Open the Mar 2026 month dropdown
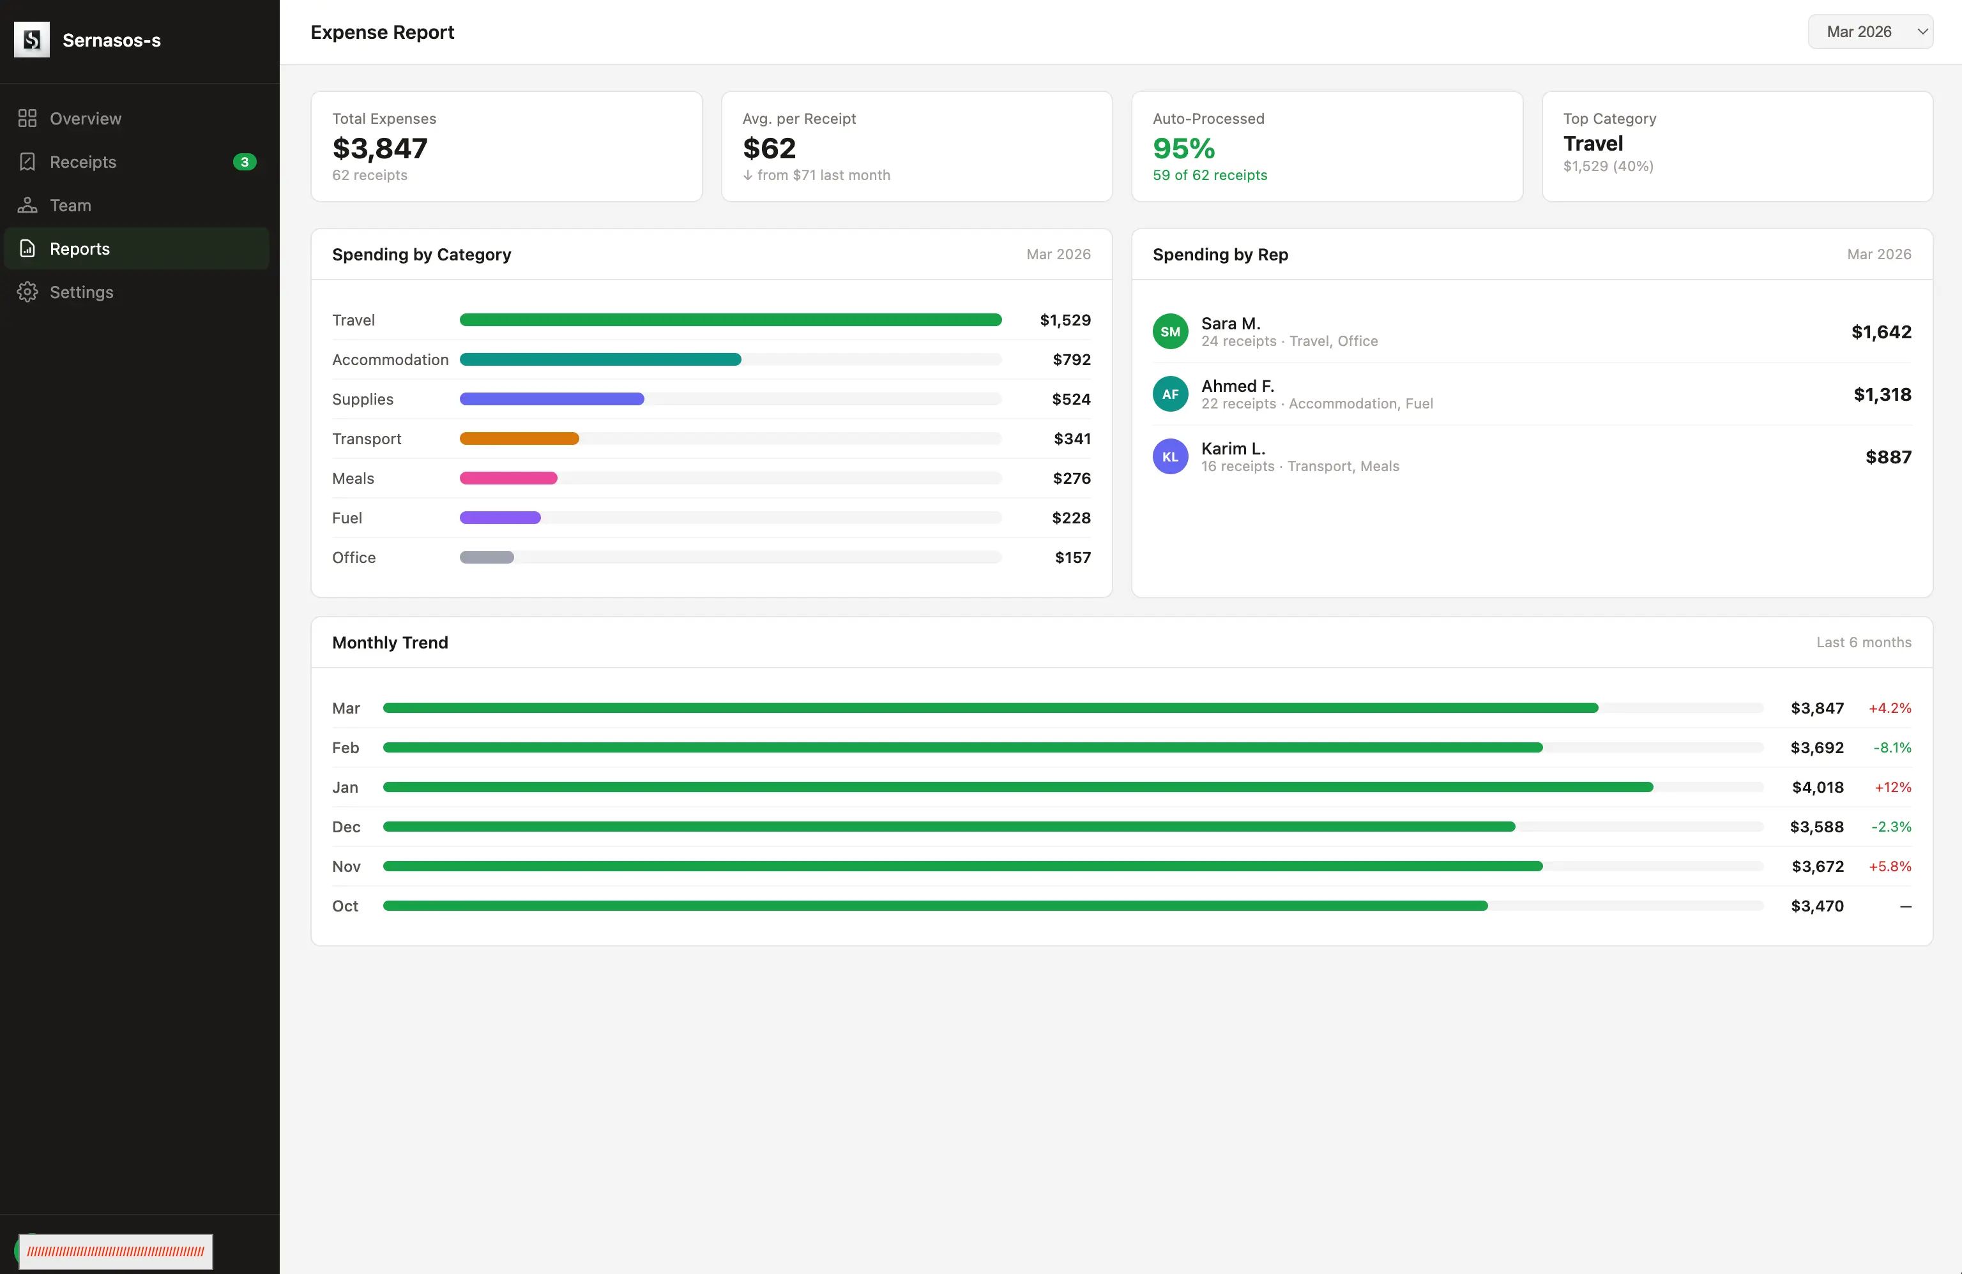tap(1869, 32)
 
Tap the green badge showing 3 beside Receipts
tap(245, 162)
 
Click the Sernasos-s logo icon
tap(32, 40)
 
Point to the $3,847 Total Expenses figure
tap(380, 148)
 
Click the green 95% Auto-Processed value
tap(1184, 148)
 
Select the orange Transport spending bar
tap(519, 439)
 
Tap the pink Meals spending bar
tap(508, 479)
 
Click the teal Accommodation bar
tap(600, 360)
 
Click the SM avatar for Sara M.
tap(1171, 332)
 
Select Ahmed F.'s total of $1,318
tap(1882, 394)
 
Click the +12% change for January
tap(1893, 788)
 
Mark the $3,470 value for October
tap(1817, 906)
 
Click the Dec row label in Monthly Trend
tap(346, 827)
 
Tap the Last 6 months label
tap(1863, 643)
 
